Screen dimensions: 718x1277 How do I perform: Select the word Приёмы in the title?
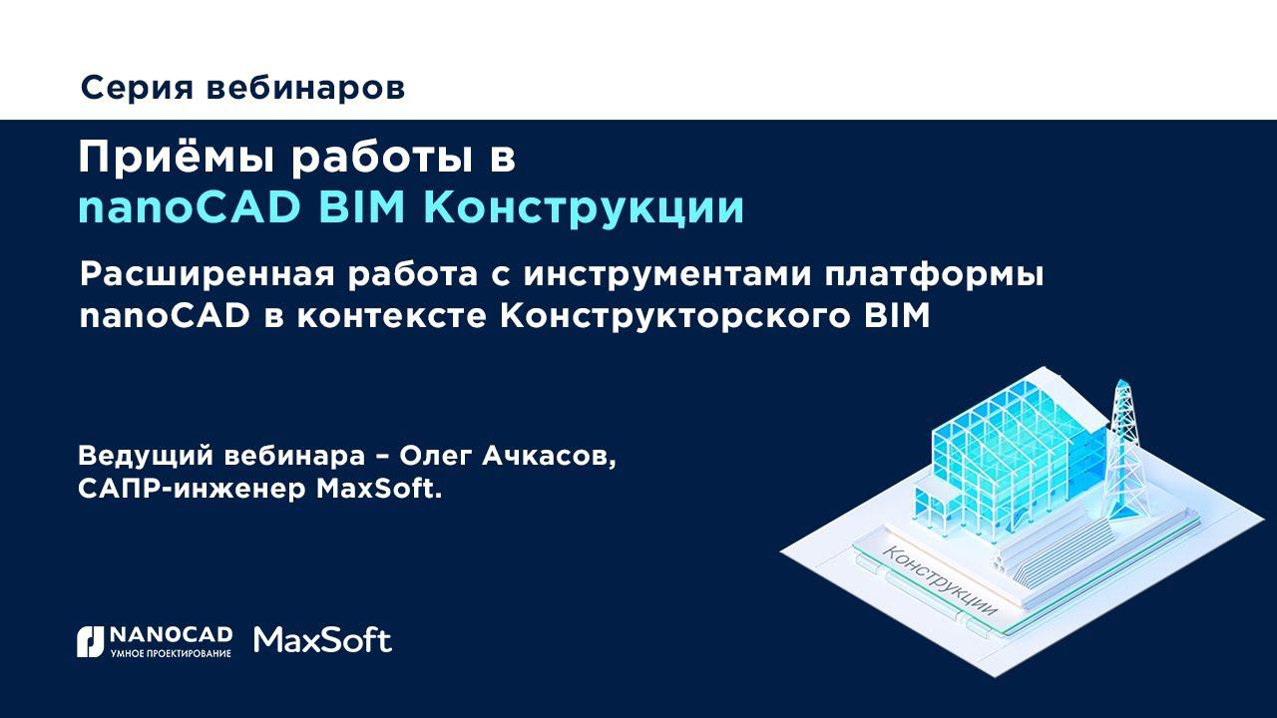[176, 160]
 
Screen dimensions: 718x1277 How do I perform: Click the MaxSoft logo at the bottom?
[323, 640]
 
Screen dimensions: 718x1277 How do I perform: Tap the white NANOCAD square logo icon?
[90, 641]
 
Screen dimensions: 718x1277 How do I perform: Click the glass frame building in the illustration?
[1008, 439]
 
